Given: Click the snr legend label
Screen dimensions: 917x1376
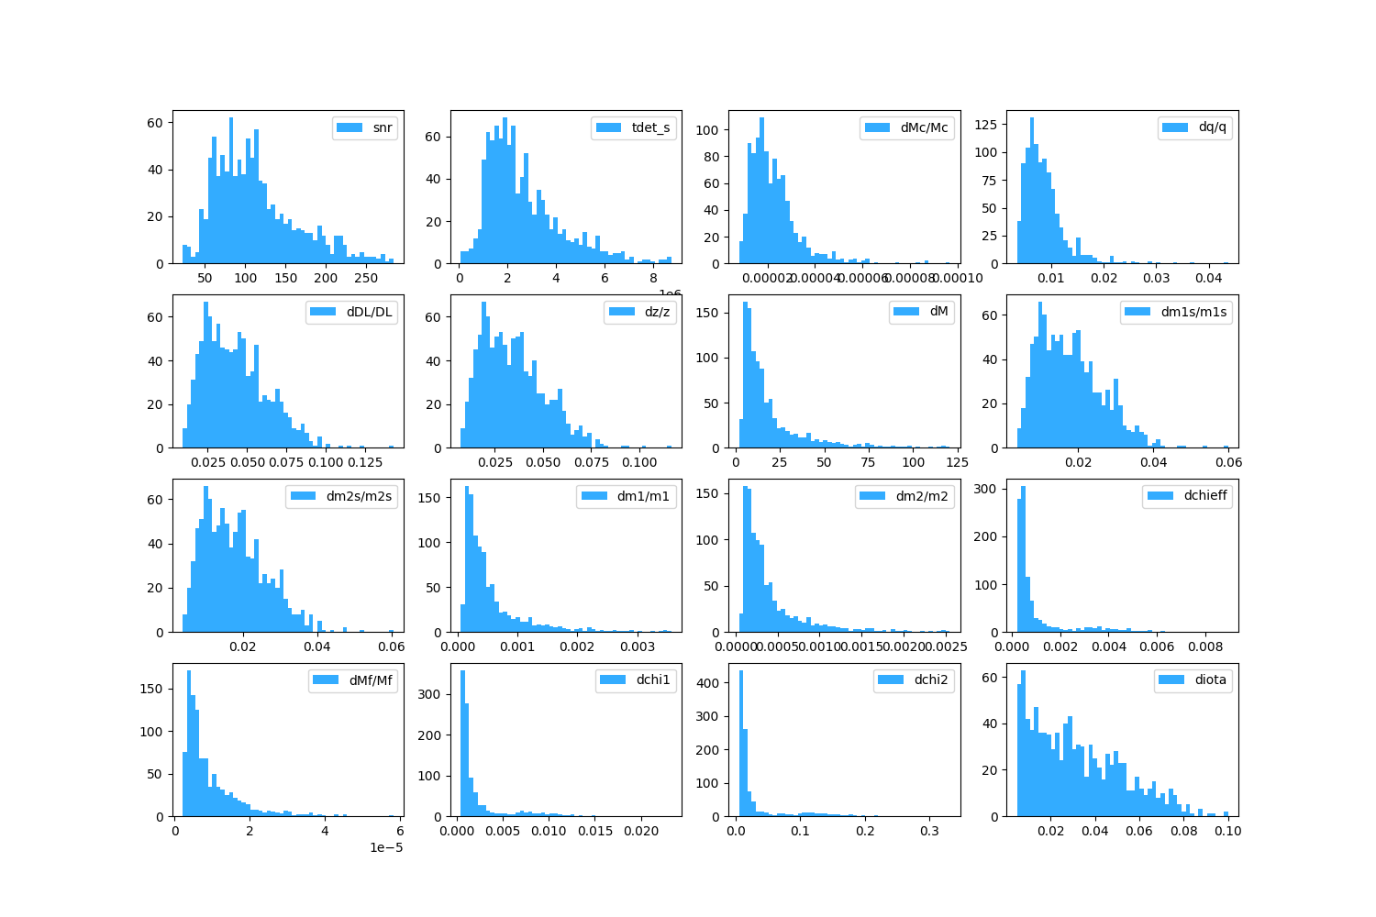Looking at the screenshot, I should (x=383, y=127).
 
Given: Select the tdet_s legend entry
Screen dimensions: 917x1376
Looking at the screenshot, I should (x=650, y=127).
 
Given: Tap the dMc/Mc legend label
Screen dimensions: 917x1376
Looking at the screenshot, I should (x=924, y=127).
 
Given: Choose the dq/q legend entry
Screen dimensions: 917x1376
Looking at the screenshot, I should (x=1212, y=127).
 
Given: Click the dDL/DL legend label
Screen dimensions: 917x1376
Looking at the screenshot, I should (x=369, y=312).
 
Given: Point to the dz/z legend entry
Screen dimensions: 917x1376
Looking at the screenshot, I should (x=657, y=312).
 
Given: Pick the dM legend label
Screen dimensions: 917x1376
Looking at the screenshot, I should (x=938, y=312).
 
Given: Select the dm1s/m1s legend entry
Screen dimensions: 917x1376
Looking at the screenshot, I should (x=1193, y=312).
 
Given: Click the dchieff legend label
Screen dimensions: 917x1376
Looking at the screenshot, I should (x=1204, y=496).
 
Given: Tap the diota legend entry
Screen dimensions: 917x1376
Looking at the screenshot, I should (x=1210, y=680).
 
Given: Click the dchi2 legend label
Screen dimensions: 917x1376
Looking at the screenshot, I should (x=932, y=680).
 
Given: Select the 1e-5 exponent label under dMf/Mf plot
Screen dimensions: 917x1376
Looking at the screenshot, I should (x=386, y=847).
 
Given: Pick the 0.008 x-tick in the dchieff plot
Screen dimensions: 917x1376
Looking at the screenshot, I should (x=1205, y=647).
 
